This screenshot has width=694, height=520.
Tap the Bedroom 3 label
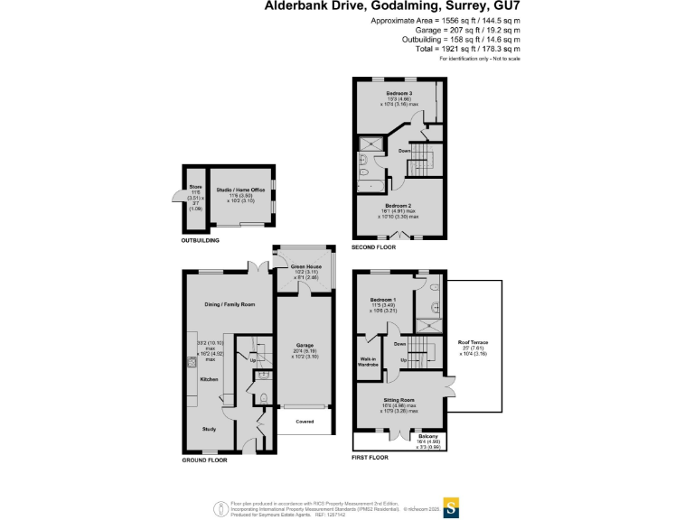pos(399,94)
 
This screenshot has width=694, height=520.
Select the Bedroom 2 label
pos(399,207)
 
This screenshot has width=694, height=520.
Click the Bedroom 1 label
pos(383,299)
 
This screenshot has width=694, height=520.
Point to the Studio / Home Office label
pos(240,190)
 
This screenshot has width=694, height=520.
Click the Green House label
pos(306,266)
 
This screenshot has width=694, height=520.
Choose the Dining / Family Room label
pos(230,305)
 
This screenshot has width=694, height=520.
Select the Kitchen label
pos(210,379)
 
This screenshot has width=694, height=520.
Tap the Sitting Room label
pos(399,398)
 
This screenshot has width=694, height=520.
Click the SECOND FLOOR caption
pos(373,246)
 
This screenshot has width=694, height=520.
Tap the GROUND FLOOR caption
pos(204,460)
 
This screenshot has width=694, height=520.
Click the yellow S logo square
pos(451,506)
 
